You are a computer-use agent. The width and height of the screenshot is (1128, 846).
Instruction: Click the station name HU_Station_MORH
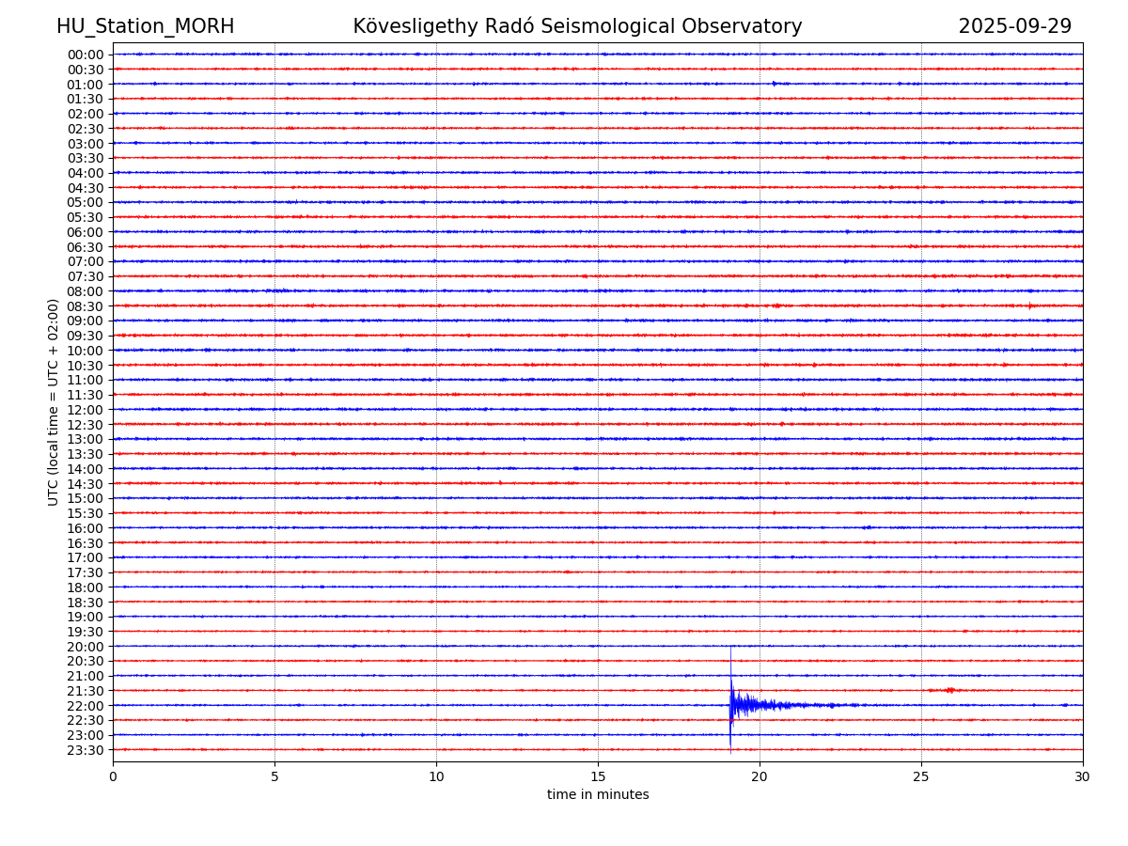pyautogui.click(x=145, y=27)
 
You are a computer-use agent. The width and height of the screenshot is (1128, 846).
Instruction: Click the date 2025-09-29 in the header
pyautogui.click(x=1014, y=27)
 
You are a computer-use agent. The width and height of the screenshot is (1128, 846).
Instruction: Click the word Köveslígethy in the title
pyautogui.click(x=410, y=27)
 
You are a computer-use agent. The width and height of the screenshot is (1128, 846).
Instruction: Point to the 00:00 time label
pyautogui.click(x=86, y=55)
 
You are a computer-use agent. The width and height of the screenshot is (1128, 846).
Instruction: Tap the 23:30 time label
pyautogui.click(x=86, y=750)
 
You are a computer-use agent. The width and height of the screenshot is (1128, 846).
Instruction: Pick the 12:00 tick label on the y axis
pyautogui.click(x=86, y=410)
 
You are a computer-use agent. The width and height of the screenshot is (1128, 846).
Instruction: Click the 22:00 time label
pyautogui.click(x=86, y=706)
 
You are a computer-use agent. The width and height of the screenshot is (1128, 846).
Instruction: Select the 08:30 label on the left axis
pyautogui.click(x=86, y=306)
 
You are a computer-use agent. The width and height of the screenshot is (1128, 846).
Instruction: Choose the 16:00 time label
pyautogui.click(x=86, y=528)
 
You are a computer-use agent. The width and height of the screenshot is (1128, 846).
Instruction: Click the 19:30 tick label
pyautogui.click(x=86, y=632)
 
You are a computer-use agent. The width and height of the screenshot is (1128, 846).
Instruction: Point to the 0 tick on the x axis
pyautogui.click(x=113, y=777)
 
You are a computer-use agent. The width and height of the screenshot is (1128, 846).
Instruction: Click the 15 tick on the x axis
pyautogui.click(x=598, y=777)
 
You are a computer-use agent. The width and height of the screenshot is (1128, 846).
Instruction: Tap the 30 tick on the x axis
pyautogui.click(x=1083, y=777)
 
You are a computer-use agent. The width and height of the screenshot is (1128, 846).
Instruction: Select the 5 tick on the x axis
pyautogui.click(x=274, y=777)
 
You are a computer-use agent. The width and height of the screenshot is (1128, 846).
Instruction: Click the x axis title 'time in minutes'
pyautogui.click(x=598, y=795)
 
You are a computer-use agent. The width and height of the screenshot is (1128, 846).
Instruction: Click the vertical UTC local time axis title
pyautogui.click(x=55, y=402)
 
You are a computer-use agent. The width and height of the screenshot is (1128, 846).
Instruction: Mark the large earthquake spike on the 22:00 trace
pyautogui.click(x=731, y=704)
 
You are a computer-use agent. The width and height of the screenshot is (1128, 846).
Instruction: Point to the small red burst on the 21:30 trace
pyautogui.click(x=949, y=690)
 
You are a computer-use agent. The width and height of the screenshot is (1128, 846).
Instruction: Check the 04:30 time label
pyautogui.click(x=86, y=188)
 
